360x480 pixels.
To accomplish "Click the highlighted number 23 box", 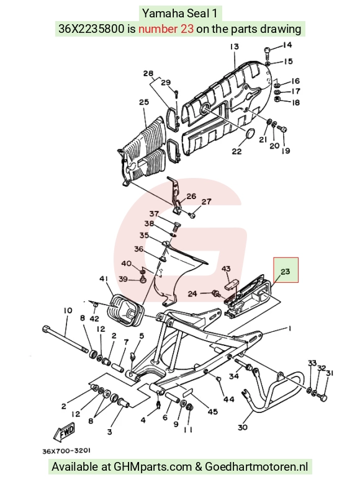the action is tap(286, 270).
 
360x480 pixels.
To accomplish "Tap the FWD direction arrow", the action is tap(65, 432).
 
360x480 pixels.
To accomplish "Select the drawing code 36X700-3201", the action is tap(66, 451).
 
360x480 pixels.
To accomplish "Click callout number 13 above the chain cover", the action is tap(235, 47).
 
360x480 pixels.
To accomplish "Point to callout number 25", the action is tap(144, 102).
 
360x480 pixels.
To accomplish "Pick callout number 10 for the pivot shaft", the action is tap(68, 311).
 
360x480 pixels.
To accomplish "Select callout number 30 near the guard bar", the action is tap(243, 427).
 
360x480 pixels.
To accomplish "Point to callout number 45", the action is tap(213, 411).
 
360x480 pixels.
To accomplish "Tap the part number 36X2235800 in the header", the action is tap(92, 29).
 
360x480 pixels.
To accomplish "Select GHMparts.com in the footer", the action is tap(153, 467).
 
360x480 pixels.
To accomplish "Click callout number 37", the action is tap(154, 213).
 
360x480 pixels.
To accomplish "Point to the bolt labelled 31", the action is tap(323, 398).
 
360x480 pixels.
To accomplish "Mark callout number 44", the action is tap(229, 399).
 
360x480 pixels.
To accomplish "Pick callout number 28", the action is tap(148, 73).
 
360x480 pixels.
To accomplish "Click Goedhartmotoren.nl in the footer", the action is tap(256, 467).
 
